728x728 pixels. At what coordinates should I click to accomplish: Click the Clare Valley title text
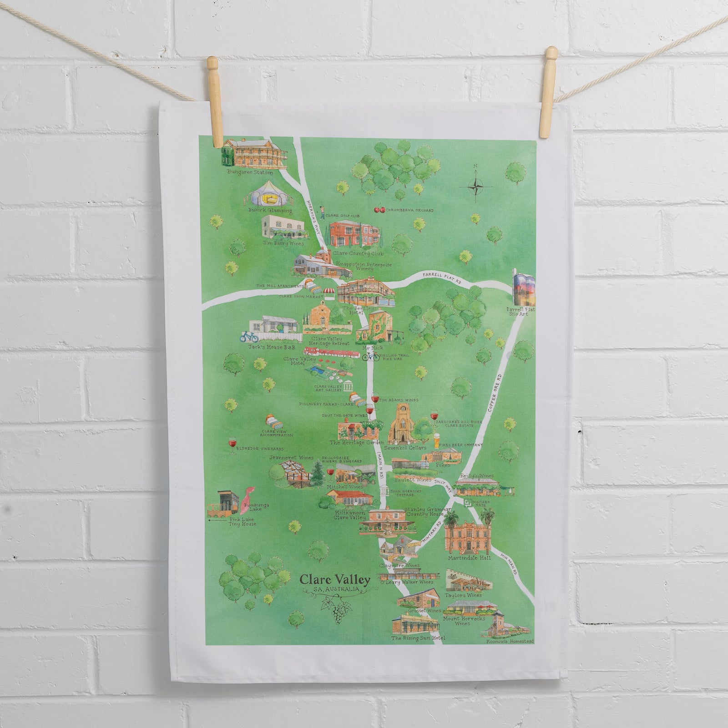pyautogui.click(x=335, y=581)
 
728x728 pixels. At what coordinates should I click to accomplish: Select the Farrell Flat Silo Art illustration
pyautogui.click(x=524, y=289)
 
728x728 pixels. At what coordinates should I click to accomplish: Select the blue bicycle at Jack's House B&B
pyautogui.click(x=249, y=337)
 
